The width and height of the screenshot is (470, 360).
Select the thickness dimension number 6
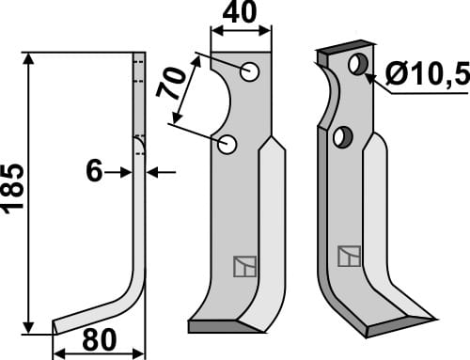coord(93,172)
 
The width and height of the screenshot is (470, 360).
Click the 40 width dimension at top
coord(242,15)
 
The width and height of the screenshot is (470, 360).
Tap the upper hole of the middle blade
coord(249,71)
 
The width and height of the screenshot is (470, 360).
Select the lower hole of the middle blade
coord(227,144)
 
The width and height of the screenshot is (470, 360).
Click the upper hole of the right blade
coord(356,65)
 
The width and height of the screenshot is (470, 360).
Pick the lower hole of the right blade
coord(341,137)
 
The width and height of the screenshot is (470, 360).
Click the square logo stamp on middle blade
coord(243,267)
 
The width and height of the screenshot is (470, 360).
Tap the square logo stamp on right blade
coord(349,255)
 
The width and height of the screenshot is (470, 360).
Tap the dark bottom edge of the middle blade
coord(224,326)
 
